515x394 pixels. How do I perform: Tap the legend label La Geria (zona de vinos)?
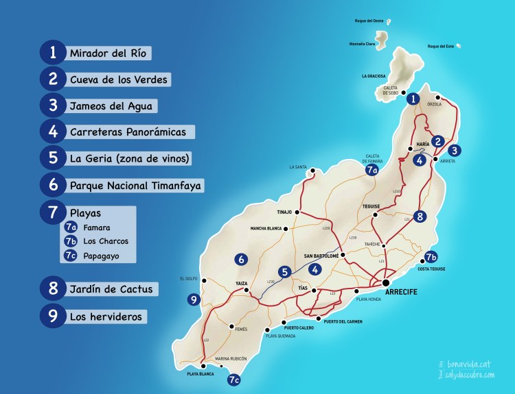coord(129,158)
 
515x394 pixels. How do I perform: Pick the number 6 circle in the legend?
coord(53,185)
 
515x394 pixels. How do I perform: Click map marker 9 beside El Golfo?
coord(194,299)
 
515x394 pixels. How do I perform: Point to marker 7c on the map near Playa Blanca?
coord(233,379)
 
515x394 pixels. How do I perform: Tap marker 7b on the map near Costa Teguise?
coord(431,258)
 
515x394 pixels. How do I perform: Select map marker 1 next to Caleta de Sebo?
coord(413,99)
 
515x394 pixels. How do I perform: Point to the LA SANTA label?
coord(299,167)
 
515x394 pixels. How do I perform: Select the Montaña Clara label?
coord(362,45)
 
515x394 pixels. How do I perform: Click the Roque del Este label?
coord(442,47)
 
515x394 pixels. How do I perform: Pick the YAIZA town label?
coord(241,282)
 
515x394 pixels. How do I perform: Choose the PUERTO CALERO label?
coord(299,328)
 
